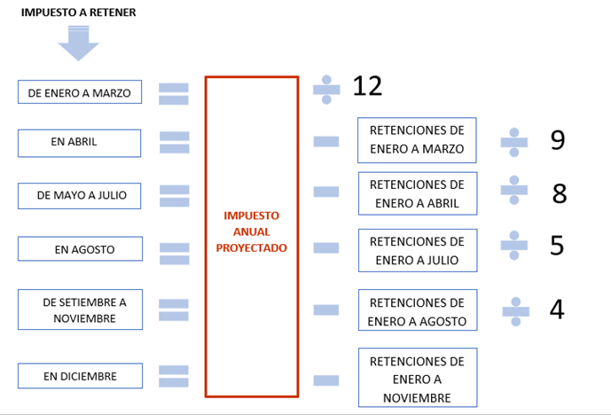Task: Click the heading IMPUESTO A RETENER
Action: [x=78, y=12]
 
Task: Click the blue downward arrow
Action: [x=78, y=43]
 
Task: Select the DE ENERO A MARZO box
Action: [x=80, y=92]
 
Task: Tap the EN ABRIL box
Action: [x=79, y=143]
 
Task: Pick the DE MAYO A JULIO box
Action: [x=79, y=196]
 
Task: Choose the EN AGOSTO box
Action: [x=80, y=248]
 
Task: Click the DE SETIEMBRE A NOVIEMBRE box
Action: [x=80, y=309]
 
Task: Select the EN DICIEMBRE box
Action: [x=80, y=376]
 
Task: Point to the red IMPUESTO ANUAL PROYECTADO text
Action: [x=251, y=231]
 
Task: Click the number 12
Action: [x=367, y=86]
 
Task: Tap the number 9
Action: [x=558, y=139]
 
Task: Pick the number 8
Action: [x=560, y=193]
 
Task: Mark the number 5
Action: [x=557, y=246]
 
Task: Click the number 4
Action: [x=557, y=309]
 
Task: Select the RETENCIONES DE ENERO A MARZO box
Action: [x=417, y=140]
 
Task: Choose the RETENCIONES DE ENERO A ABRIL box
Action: [x=418, y=193]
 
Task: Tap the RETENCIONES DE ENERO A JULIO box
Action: [x=418, y=250]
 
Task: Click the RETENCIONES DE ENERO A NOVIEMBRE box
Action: [x=418, y=378]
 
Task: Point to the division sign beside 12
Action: [x=326, y=90]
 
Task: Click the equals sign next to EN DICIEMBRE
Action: [x=174, y=376]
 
